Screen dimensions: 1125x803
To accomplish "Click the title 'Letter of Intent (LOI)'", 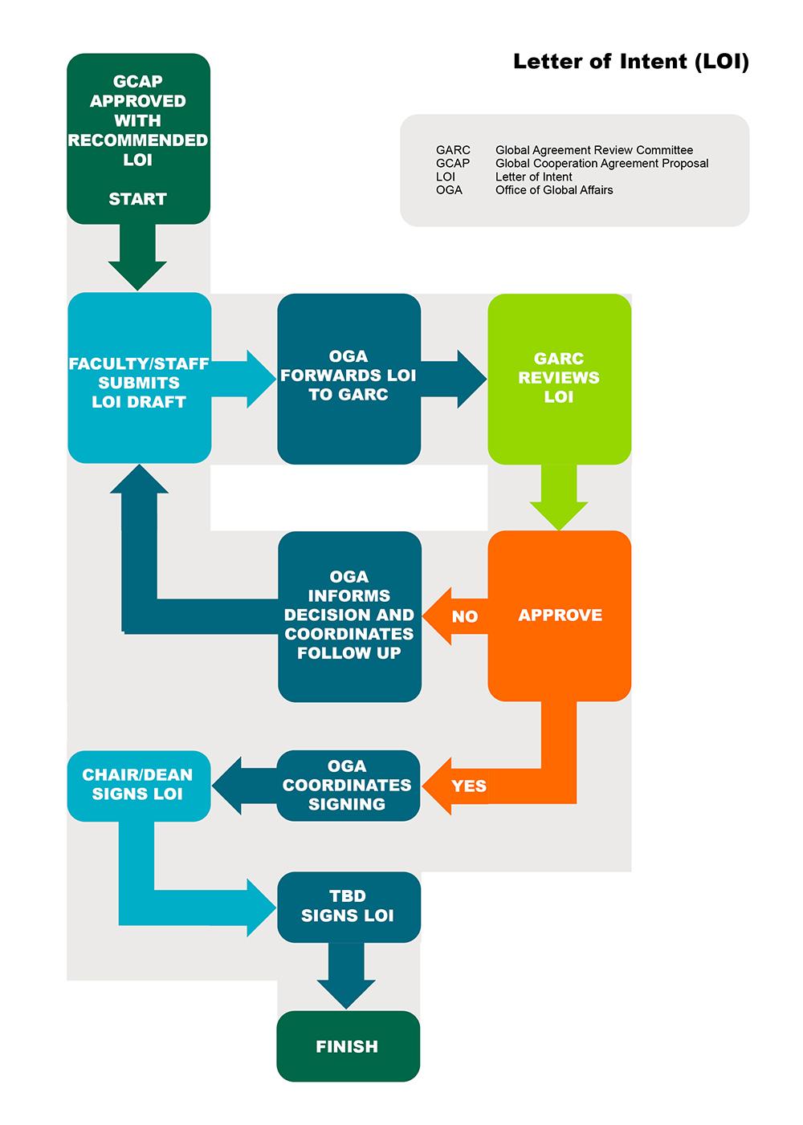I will tap(630, 62).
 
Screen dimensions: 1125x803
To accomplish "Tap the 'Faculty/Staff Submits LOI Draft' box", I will tap(139, 382).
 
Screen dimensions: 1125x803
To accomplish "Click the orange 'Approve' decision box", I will tap(560, 615).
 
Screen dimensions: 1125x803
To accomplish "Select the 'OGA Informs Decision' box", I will tap(349, 615).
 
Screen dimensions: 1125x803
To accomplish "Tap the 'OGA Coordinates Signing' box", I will tap(348, 785).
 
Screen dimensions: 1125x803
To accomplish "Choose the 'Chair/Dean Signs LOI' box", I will tap(138, 785).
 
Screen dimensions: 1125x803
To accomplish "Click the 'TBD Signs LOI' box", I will tap(349, 906).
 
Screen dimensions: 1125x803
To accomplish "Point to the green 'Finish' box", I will tap(348, 1046).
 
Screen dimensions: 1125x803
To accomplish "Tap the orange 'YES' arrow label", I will tap(468, 786).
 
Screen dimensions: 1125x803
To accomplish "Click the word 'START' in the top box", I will tap(138, 199).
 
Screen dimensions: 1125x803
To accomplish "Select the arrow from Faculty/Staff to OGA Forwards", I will tap(244, 379).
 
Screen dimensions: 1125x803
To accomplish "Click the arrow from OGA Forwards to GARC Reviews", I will tap(454, 379).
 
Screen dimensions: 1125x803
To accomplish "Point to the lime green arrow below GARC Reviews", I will tap(559, 498).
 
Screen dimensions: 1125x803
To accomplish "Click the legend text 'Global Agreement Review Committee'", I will tap(593, 150).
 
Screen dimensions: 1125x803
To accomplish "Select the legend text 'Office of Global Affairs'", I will tap(553, 190).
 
